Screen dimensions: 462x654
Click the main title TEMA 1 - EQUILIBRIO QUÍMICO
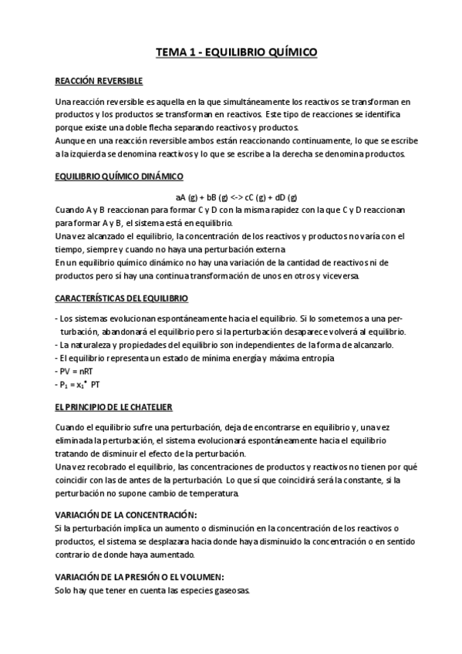[236, 52]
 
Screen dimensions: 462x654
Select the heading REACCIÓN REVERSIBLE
[99, 81]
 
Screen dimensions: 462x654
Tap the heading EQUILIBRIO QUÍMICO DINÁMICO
[119, 177]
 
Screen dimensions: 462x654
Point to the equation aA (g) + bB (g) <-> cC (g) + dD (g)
[236, 197]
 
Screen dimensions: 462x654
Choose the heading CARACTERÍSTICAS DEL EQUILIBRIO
[122, 298]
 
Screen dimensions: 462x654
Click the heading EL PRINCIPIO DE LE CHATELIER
[113, 406]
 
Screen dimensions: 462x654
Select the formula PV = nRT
[73, 371]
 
